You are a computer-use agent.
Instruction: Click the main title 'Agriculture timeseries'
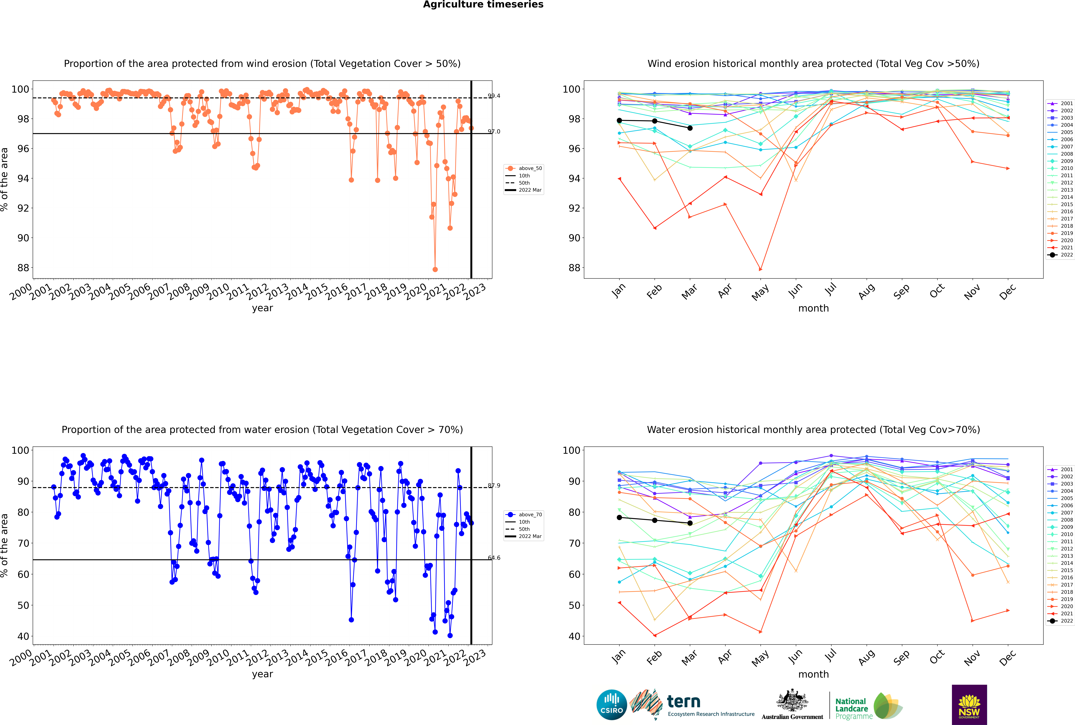point(483,5)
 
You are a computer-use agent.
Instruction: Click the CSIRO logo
point(611,705)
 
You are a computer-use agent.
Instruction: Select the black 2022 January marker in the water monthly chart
point(619,517)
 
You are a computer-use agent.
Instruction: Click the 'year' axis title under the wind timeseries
point(263,308)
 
